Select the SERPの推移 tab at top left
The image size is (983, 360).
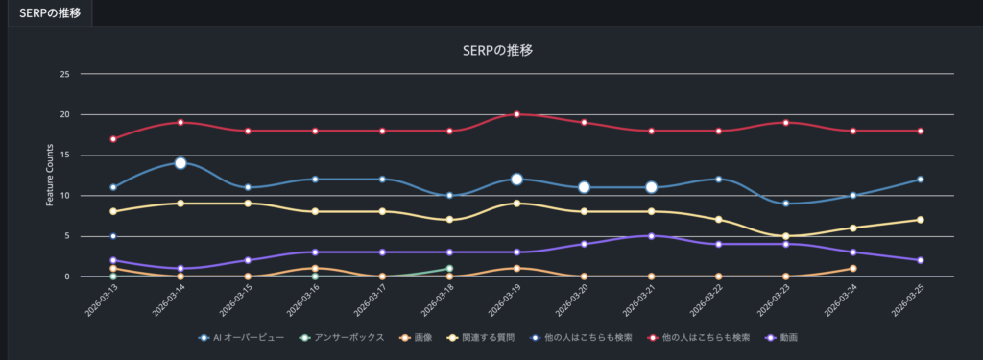49,12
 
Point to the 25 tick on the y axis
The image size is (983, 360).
65,74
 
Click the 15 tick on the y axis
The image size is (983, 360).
65,155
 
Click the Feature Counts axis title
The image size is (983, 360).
49,175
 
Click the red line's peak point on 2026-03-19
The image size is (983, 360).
516,114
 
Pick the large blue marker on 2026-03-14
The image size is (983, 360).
180,163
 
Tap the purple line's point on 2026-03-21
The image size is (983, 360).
651,236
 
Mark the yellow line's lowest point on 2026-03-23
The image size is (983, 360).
785,236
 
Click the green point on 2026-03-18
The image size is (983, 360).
449,269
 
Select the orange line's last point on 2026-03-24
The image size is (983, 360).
852,269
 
